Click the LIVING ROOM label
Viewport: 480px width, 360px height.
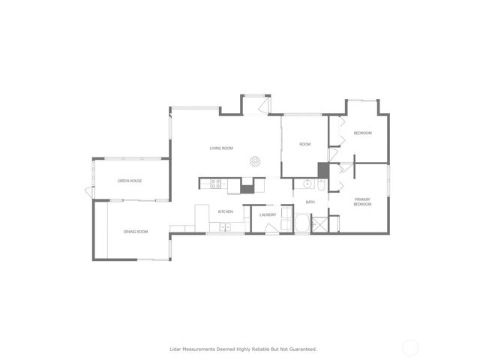[x=221, y=148]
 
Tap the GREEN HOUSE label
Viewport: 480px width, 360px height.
[x=129, y=181]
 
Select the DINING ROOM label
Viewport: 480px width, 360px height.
[x=136, y=232]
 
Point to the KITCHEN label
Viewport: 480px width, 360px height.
[x=225, y=212]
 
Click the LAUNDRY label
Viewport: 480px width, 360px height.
[x=268, y=215]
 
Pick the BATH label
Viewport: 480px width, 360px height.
[x=310, y=202]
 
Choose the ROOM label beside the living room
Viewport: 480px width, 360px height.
[x=304, y=144]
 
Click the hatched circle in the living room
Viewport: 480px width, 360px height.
[x=255, y=160]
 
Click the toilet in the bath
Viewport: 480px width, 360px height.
[x=322, y=184]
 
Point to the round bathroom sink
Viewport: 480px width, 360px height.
[x=307, y=184]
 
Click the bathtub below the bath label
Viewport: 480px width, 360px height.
[x=301, y=223]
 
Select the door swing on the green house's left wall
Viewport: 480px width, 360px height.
[x=90, y=191]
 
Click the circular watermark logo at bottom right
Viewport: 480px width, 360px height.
[x=409, y=348]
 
